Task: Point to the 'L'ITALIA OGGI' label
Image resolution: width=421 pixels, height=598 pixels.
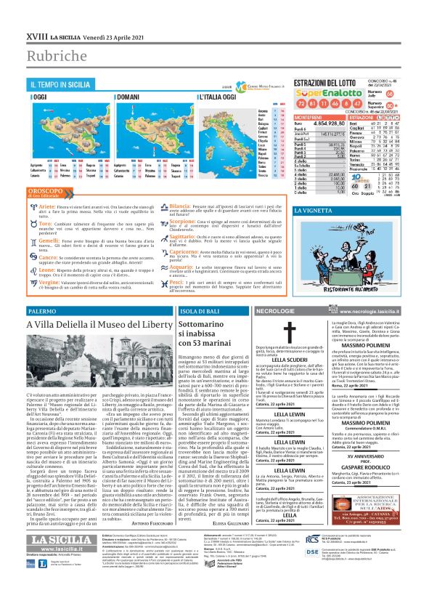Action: pyautogui.click(x=217, y=97)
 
